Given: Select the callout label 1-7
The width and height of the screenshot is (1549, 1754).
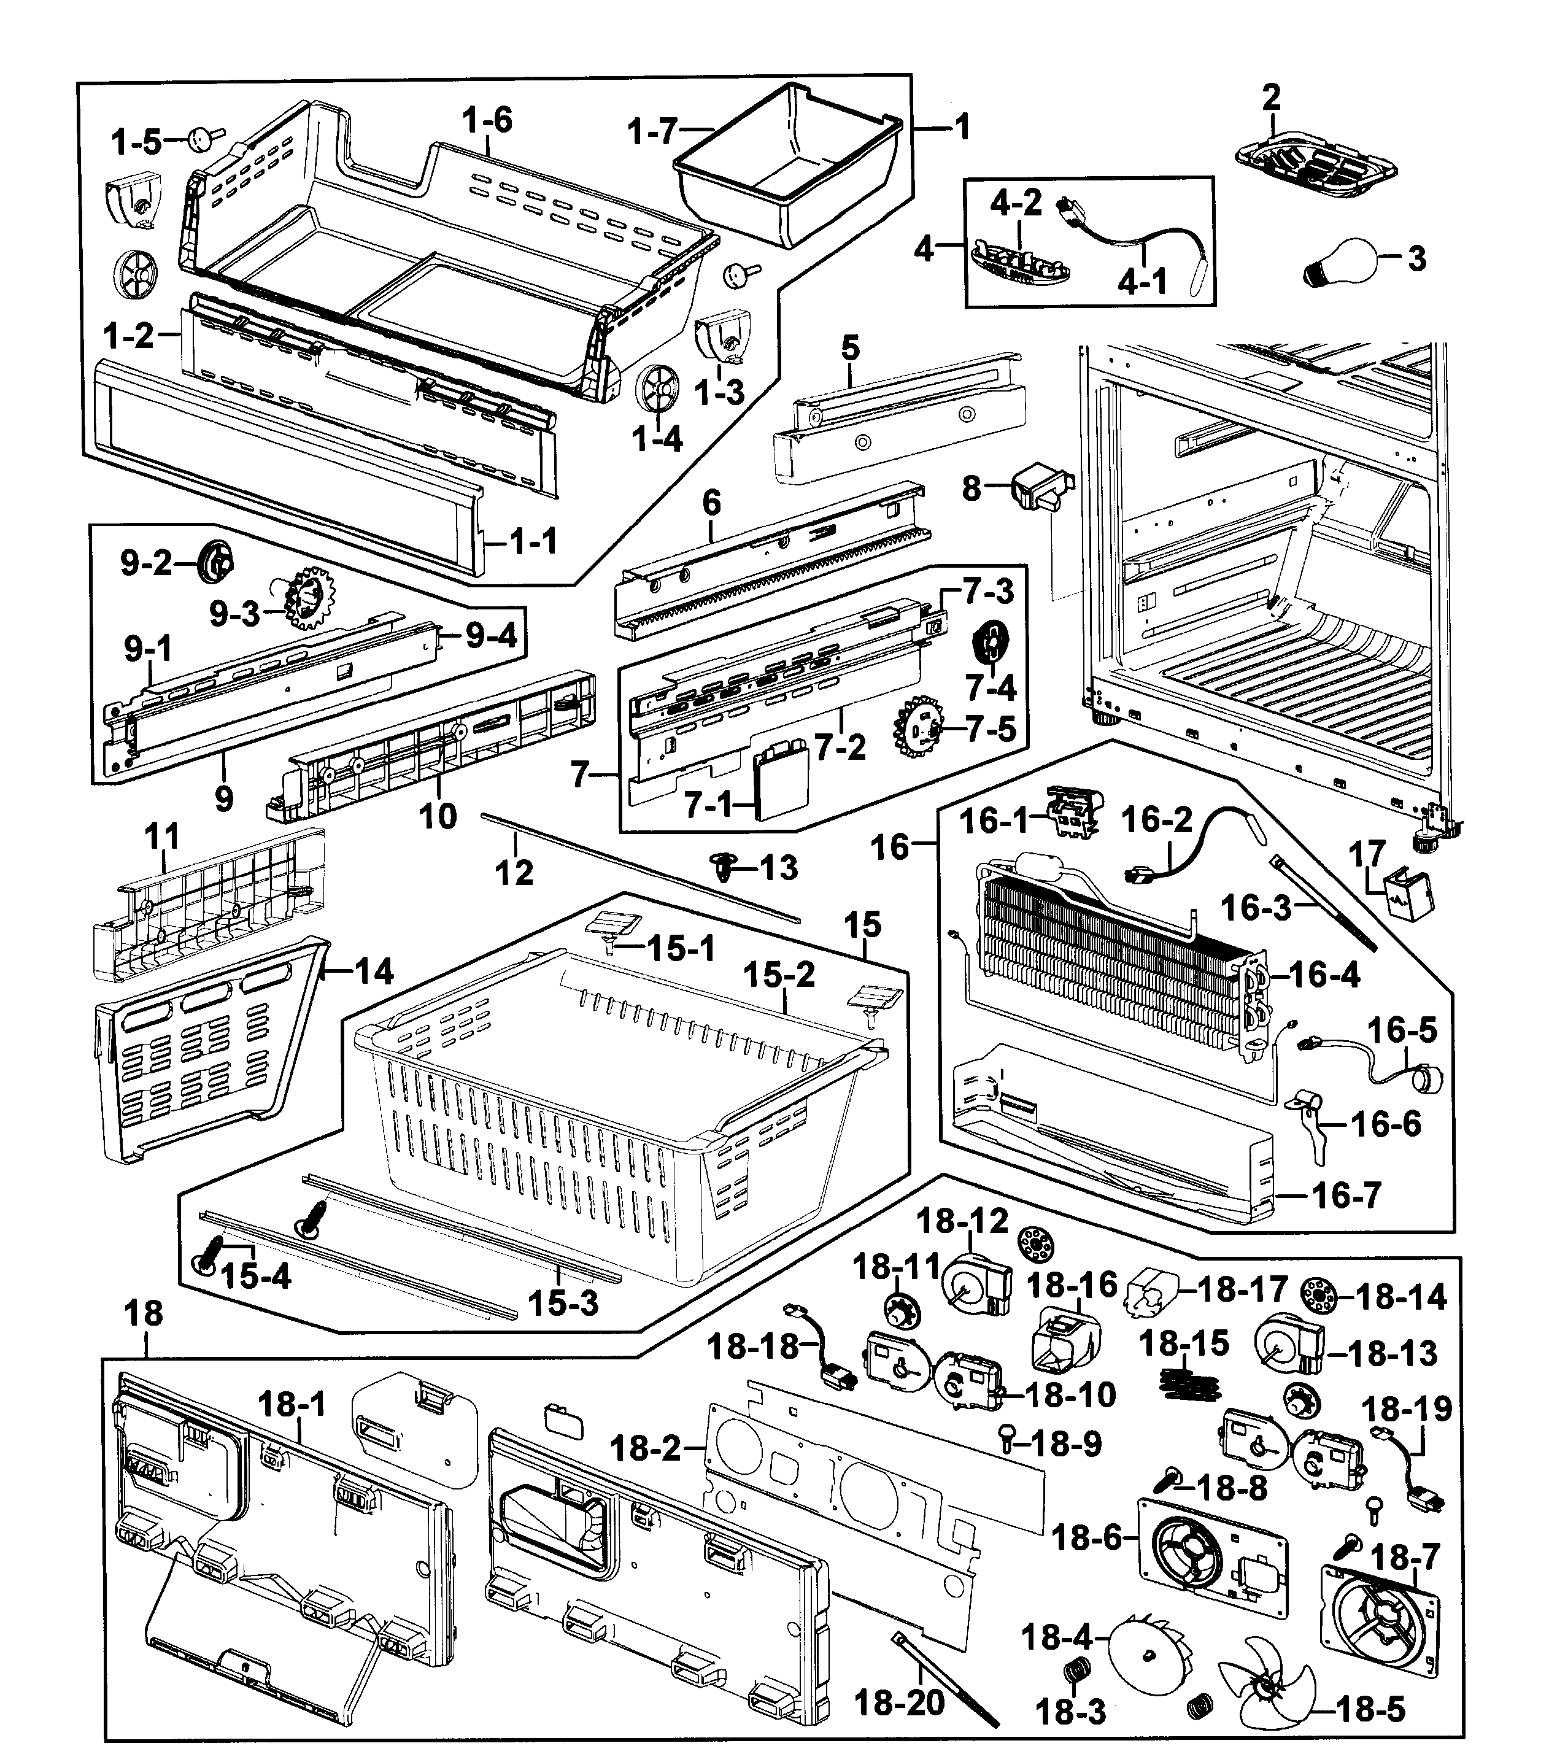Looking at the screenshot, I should click(652, 133).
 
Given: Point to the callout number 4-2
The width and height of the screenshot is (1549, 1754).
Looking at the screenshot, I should click(1015, 203).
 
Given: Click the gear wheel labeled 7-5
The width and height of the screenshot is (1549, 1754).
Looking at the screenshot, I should click(918, 728).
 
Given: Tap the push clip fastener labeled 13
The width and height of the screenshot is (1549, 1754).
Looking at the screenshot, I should click(724, 869).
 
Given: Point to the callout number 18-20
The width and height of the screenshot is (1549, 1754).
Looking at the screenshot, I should click(898, 1702).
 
